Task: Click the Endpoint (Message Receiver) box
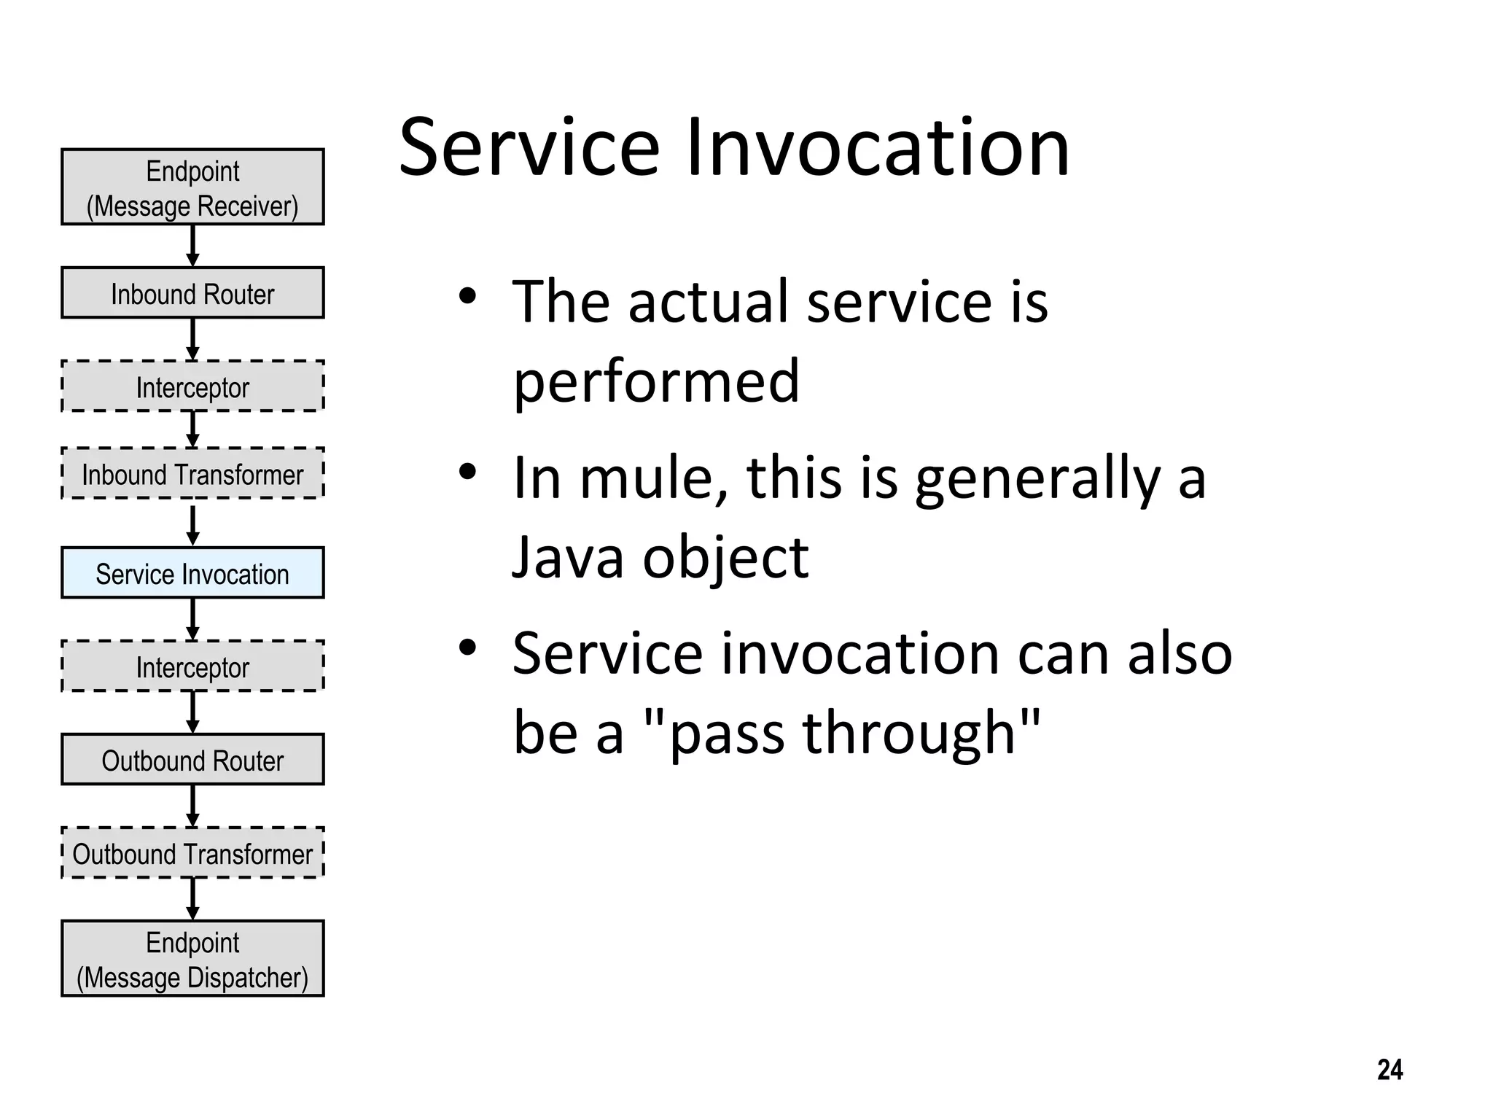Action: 192,187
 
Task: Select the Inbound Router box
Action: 192,293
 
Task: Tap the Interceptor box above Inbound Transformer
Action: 192,386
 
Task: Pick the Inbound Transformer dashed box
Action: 192,474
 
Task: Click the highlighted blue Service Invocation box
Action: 192,573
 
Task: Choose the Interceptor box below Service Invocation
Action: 192,666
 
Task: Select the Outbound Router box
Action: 192,760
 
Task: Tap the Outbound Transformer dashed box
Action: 192,853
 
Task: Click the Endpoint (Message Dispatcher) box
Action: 192,959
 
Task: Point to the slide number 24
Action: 1389,1070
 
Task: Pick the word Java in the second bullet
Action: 569,558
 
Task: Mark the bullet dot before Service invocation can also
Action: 467,647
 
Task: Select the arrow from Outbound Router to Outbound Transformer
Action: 192,806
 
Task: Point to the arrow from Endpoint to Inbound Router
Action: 192,246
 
